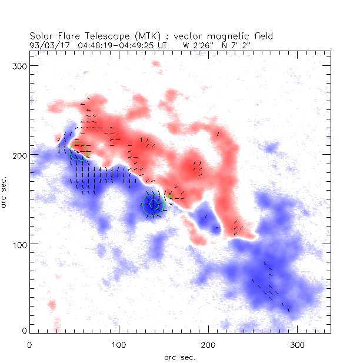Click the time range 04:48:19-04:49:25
(117, 44)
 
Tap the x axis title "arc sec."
(180, 357)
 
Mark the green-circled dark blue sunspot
(154, 205)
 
